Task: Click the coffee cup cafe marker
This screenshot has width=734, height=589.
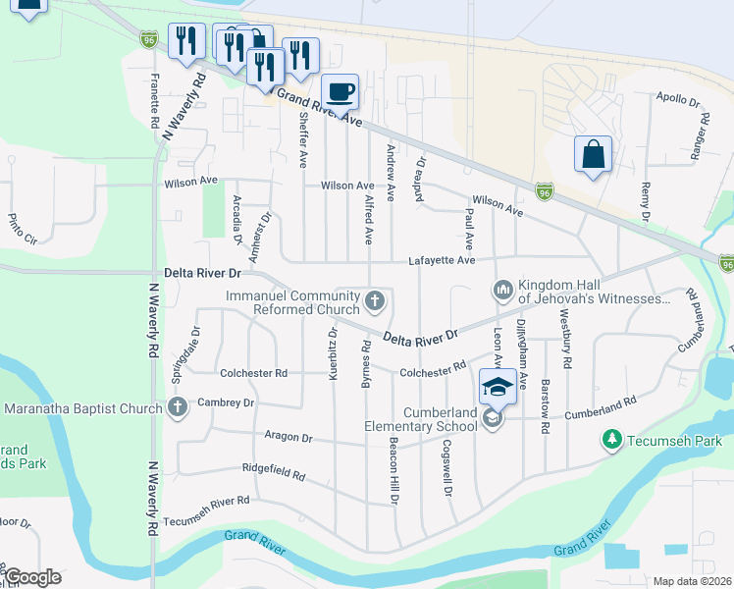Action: pyautogui.click(x=341, y=92)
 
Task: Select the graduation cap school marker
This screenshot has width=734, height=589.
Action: pyautogui.click(x=498, y=386)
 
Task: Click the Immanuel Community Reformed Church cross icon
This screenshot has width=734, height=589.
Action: pyautogui.click(x=374, y=299)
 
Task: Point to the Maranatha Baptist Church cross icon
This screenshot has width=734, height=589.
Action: pyautogui.click(x=178, y=407)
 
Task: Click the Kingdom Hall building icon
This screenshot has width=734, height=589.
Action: pyautogui.click(x=502, y=290)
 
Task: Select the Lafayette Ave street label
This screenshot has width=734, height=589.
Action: pyautogui.click(x=442, y=260)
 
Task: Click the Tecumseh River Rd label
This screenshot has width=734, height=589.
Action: pyautogui.click(x=206, y=501)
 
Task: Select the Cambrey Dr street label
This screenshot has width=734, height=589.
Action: pyautogui.click(x=227, y=402)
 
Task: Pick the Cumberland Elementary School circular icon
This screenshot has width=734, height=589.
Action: pyautogui.click(x=493, y=419)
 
